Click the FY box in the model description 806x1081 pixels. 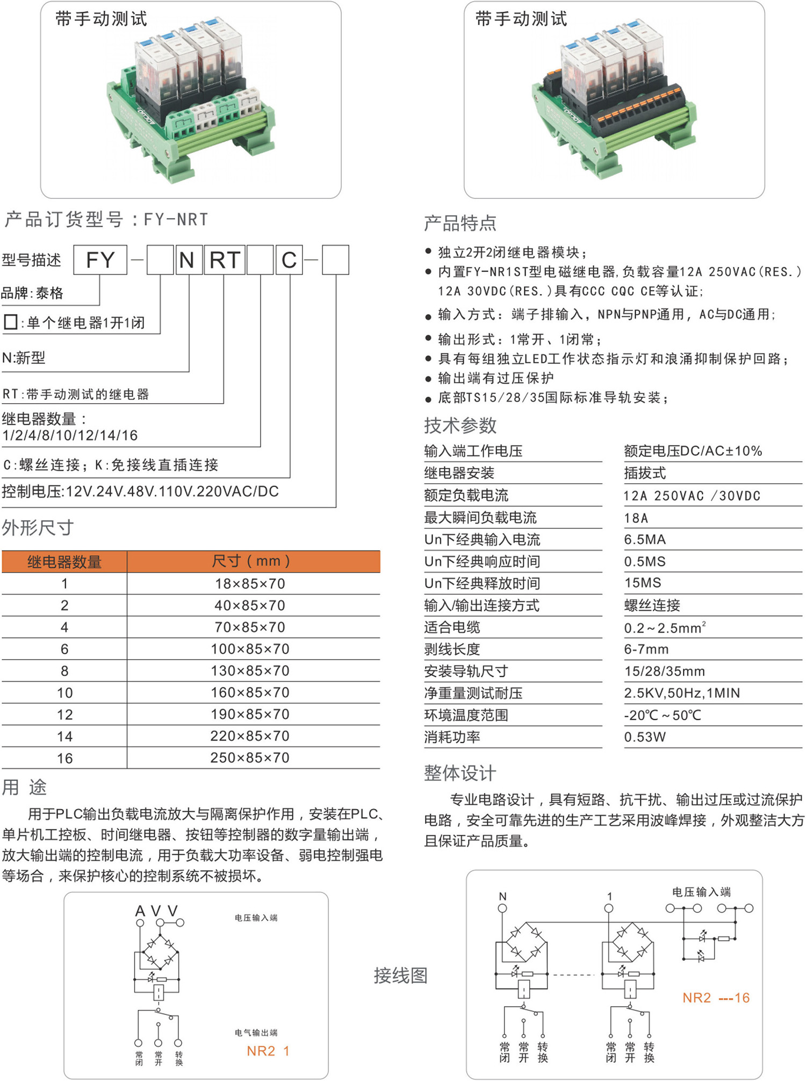pos(100,260)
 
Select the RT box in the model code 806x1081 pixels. pos(224,260)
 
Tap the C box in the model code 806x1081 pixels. pos(289,260)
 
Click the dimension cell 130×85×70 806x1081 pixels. pos(250,671)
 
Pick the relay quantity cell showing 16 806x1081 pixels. pos(64,758)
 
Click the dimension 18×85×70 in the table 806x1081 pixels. pos(250,584)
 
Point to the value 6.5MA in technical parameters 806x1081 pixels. pos(645,540)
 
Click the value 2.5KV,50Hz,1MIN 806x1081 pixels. pos(682,693)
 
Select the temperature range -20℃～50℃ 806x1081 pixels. pos(663,715)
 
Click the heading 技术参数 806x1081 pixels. pos(460,426)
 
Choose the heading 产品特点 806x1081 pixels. pos(460,223)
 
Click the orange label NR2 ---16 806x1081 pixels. pos(716,998)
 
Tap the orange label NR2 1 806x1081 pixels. pos(268,1051)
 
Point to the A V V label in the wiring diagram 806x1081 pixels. pos(156,911)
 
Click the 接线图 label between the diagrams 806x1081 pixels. pos(400,975)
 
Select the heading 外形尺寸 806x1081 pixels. pos(38,528)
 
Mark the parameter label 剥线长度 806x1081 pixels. pos(452,649)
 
